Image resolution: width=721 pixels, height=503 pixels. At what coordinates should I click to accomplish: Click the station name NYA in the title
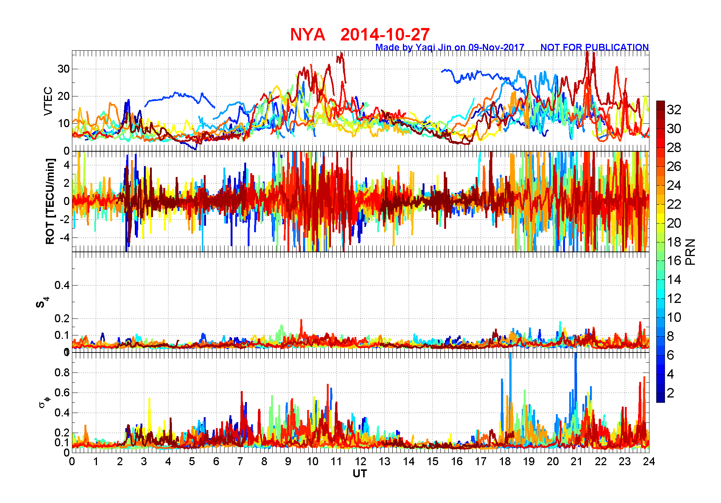[x=307, y=35]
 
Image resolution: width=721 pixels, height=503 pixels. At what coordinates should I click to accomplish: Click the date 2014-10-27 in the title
[x=385, y=35]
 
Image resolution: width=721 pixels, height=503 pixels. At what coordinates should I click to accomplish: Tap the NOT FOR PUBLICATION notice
[x=594, y=47]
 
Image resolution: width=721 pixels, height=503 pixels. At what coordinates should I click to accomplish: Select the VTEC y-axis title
[x=48, y=101]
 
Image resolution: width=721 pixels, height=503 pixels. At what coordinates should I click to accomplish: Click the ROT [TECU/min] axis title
[x=50, y=201]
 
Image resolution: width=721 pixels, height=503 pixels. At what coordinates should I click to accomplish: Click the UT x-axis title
[x=360, y=474]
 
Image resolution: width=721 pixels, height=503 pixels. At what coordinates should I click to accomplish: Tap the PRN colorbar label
[x=690, y=251]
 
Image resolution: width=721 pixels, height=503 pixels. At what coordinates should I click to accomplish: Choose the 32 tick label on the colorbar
[x=674, y=110]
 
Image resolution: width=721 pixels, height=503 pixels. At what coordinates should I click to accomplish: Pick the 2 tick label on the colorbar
[x=670, y=393]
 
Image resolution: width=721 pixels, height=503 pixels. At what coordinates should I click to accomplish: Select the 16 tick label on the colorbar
[x=674, y=261]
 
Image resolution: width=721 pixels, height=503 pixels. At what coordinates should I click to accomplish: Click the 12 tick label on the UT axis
[x=360, y=461]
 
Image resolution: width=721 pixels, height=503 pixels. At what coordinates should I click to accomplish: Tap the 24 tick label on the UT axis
[x=649, y=461]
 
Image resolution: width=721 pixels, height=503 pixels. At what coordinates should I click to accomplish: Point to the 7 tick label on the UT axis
[x=240, y=461]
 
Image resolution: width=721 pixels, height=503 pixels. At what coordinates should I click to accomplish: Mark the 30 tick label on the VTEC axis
[x=63, y=69]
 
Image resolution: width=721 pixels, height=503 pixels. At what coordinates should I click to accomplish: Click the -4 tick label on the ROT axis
[x=63, y=238]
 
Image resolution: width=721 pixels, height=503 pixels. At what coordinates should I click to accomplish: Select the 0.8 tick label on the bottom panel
[x=62, y=373]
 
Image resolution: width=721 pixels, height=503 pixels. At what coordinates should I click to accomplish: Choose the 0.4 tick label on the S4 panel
[x=62, y=285]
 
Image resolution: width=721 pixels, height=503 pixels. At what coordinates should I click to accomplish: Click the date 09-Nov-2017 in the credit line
[x=496, y=47]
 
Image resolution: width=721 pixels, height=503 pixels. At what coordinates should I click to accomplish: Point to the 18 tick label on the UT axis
[x=505, y=461]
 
